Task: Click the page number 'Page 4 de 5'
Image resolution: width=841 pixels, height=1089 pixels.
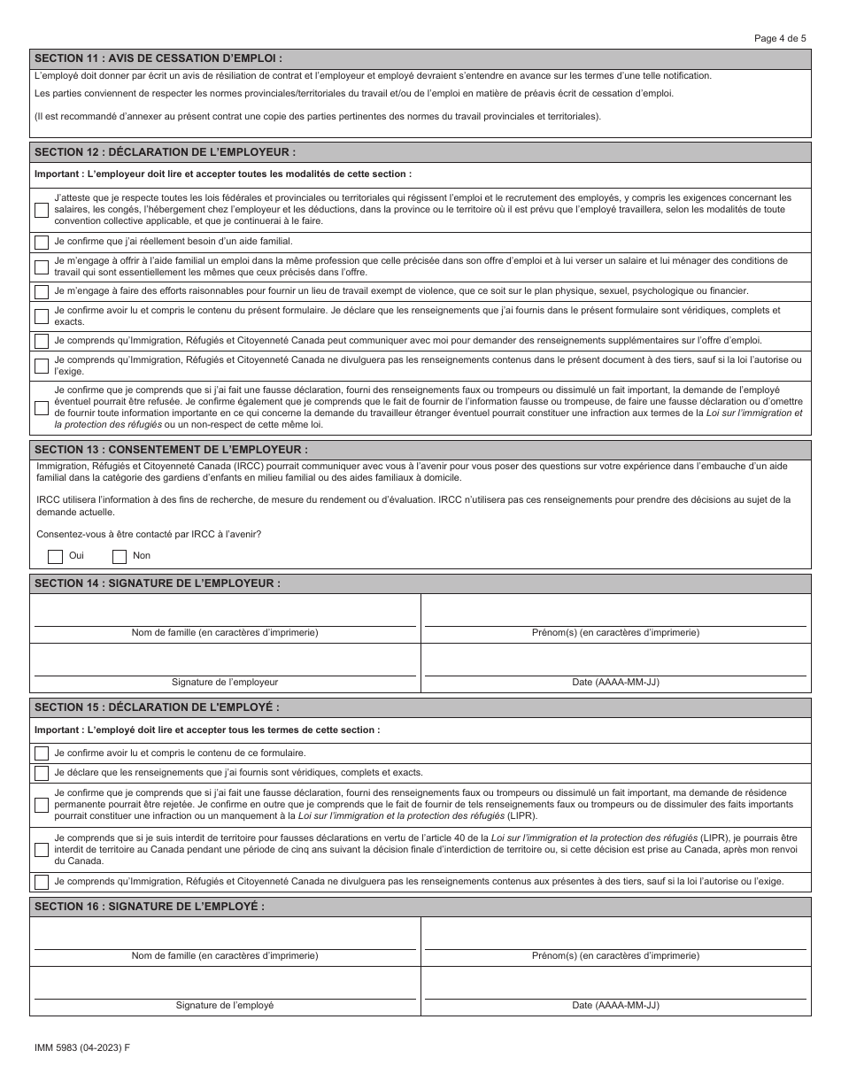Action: [x=780, y=38]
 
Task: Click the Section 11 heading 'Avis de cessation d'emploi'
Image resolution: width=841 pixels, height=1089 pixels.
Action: [x=158, y=58]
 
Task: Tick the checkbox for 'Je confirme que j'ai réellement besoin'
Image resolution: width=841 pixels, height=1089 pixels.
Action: [x=42, y=242]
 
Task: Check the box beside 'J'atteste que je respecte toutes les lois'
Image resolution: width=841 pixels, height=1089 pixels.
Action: [x=42, y=210]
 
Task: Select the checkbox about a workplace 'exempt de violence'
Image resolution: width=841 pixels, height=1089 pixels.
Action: [x=42, y=291]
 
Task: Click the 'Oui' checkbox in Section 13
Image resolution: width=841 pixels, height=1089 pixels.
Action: [x=55, y=556]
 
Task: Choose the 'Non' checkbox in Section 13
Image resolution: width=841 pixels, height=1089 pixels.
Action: [x=120, y=556]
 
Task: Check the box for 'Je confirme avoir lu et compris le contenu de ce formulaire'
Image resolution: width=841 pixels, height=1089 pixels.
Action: [x=42, y=753]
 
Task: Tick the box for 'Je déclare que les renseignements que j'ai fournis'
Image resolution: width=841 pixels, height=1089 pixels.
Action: [x=42, y=772]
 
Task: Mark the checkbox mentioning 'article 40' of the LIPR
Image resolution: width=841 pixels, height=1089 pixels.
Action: [x=42, y=849]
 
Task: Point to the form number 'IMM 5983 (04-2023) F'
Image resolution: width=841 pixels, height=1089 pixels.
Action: [x=81, y=1047]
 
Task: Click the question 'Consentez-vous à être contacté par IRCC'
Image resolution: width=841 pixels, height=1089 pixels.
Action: [x=149, y=534]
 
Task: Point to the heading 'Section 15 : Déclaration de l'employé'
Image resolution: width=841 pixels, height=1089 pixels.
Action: [x=157, y=707]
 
